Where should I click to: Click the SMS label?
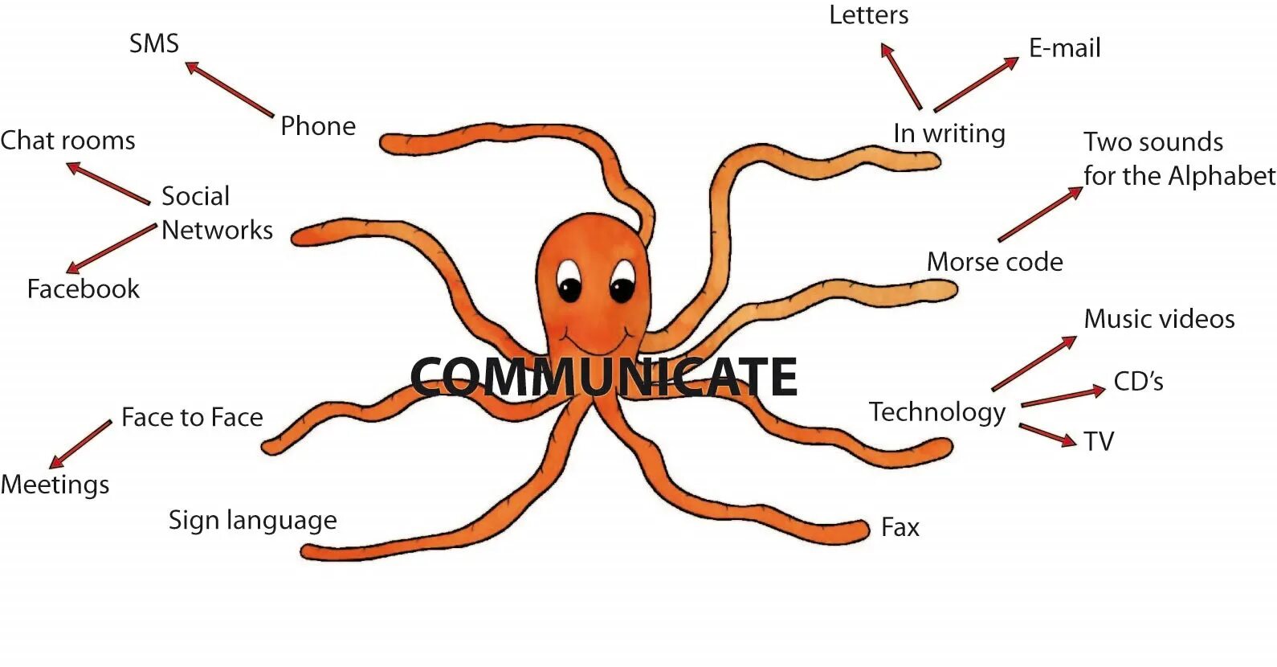pos(154,43)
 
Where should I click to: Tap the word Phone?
pos(318,126)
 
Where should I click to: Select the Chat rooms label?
pos(68,141)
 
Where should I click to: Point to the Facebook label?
pos(84,289)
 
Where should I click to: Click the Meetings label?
pos(55,485)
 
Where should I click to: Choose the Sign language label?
pos(252,521)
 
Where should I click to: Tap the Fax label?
pos(900,528)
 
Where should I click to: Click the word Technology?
pos(937,412)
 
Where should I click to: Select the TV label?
pos(1099,442)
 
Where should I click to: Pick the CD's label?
pos(1138,382)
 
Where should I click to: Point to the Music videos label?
pos(1159,319)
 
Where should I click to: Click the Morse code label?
pos(995,262)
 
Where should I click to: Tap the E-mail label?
pos(1065,48)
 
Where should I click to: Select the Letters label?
pos(869,15)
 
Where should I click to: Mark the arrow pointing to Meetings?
pos(80,444)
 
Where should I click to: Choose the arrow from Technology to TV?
pos(1047,435)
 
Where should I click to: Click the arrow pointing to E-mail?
pos(976,84)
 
